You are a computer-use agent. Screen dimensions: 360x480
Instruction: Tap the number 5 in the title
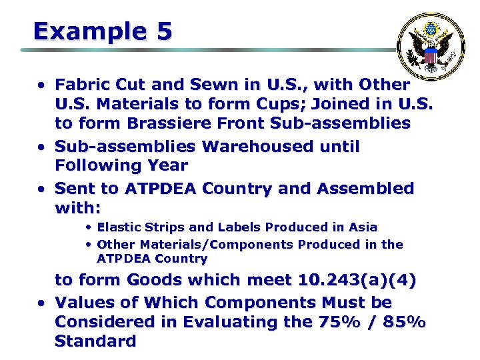click(163, 31)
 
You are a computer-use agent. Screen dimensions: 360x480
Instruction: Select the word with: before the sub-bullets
click(77, 209)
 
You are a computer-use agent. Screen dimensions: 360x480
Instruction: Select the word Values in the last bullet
click(82, 302)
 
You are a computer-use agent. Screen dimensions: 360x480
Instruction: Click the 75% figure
click(336, 322)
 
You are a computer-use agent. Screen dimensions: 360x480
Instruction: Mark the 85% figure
click(403, 322)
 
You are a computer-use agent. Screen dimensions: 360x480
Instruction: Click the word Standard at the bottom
click(95, 341)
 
